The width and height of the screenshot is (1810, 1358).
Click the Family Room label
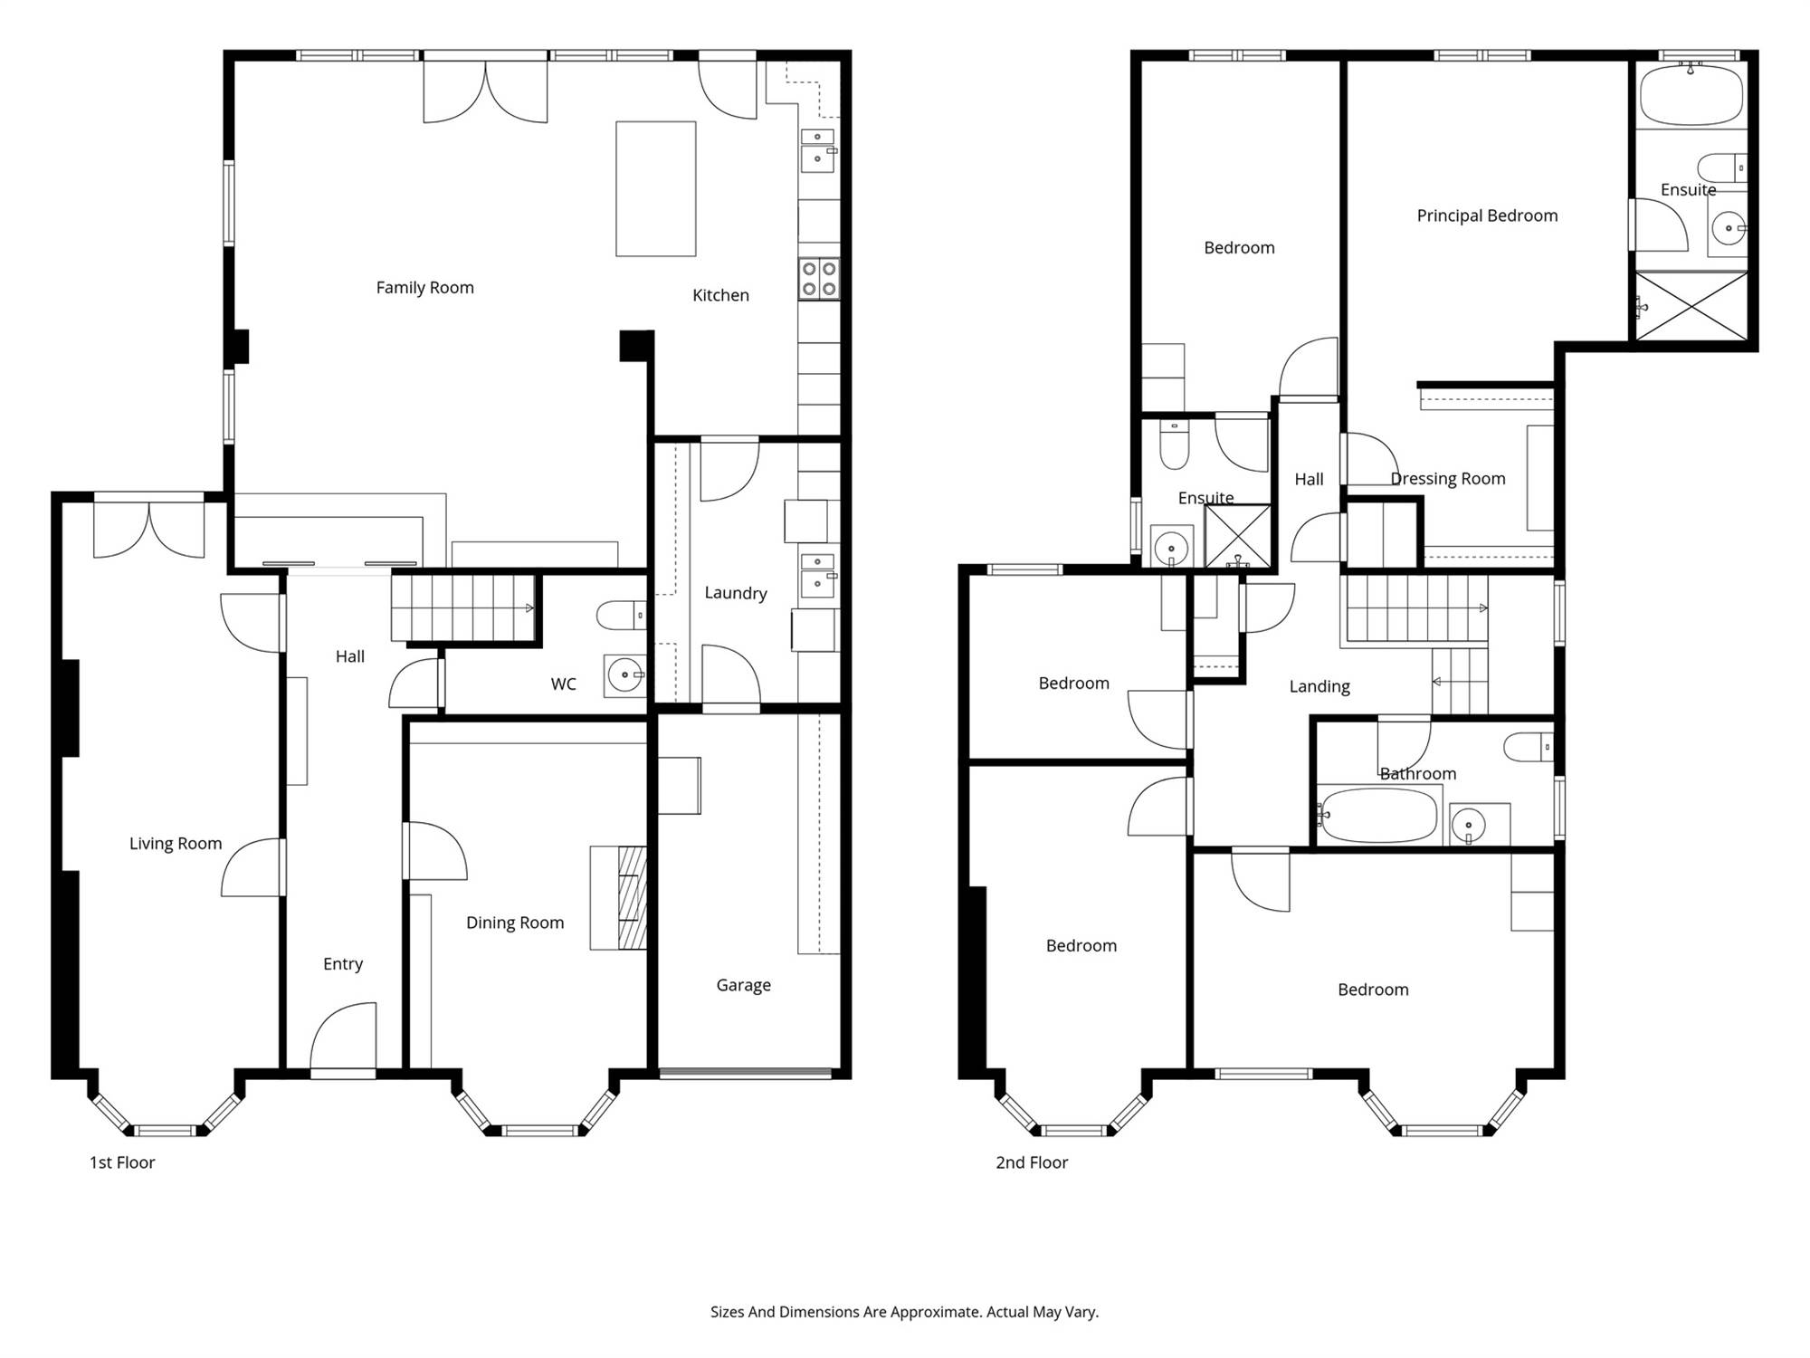click(x=424, y=288)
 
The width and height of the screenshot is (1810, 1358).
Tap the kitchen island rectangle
click(x=656, y=189)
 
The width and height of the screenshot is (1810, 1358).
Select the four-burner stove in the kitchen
click(x=819, y=279)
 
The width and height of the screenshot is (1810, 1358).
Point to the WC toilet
click(x=621, y=616)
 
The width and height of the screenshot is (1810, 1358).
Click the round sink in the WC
click(x=624, y=675)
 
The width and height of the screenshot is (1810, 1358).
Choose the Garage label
click(x=744, y=985)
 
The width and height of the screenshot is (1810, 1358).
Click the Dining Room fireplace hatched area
click(x=633, y=898)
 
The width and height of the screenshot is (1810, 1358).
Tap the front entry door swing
click(x=343, y=1036)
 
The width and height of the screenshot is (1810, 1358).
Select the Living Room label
click(x=176, y=844)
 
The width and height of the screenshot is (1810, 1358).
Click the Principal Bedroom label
click(x=1487, y=215)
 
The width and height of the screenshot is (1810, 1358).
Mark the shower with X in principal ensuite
click(x=1691, y=306)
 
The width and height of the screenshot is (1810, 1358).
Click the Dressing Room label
click(x=1448, y=479)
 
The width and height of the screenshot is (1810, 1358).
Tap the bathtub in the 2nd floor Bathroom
click(x=1377, y=815)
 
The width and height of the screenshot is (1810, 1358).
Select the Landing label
click(x=1319, y=687)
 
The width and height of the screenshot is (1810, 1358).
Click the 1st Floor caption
click(x=122, y=1162)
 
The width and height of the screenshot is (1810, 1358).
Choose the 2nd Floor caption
click(x=1032, y=1162)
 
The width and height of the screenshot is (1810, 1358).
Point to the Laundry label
click(x=736, y=593)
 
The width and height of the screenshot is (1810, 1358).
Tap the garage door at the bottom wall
click(x=746, y=1074)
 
